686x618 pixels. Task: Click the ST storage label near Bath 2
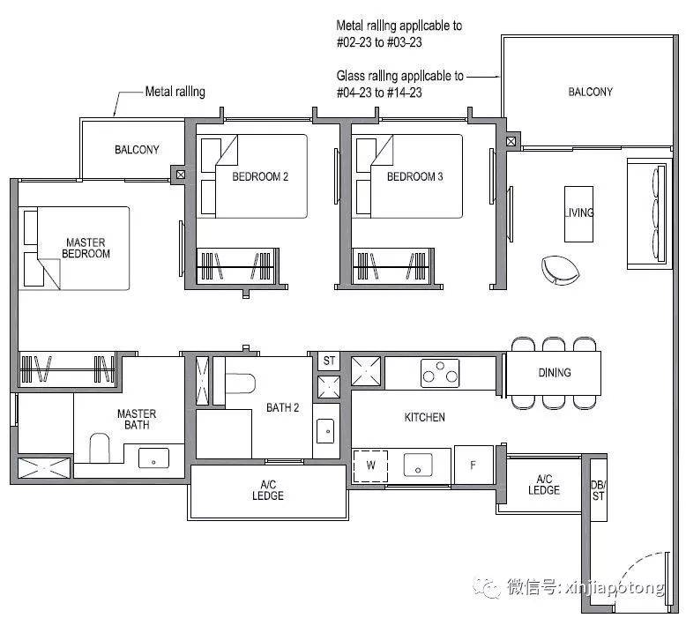(x=329, y=361)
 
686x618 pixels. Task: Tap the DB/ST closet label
(x=598, y=490)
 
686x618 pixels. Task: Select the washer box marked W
(x=370, y=465)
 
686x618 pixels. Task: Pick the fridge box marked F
(x=473, y=465)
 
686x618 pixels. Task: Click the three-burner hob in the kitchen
(x=440, y=373)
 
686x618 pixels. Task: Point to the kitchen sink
(x=418, y=465)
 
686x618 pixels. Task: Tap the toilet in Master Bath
(x=100, y=448)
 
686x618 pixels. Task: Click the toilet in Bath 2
(x=240, y=383)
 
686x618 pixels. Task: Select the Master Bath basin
(x=153, y=458)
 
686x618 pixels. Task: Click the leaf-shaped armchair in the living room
(x=560, y=270)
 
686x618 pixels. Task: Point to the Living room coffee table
(x=578, y=214)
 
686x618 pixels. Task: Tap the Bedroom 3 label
(x=414, y=176)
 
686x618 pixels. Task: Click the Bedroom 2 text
(x=260, y=176)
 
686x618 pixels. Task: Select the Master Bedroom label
(x=86, y=248)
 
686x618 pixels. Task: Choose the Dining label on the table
(x=555, y=373)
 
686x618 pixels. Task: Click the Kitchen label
(x=424, y=417)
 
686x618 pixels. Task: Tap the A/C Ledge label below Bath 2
(x=268, y=490)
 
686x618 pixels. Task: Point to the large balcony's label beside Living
(x=590, y=92)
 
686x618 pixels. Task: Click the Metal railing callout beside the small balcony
(x=175, y=92)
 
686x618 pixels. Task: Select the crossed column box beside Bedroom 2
(x=180, y=175)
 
